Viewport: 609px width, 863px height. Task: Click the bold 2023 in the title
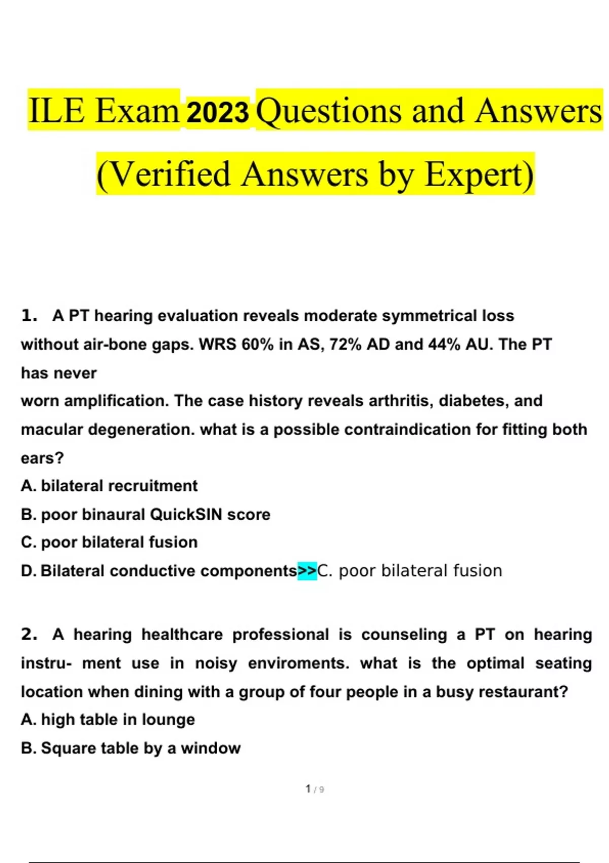click(218, 112)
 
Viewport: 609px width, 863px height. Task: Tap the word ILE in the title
click(56, 111)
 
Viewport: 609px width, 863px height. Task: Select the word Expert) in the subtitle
click(479, 175)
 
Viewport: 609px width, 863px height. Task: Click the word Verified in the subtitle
click(164, 175)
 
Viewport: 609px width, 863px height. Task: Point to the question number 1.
click(29, 316)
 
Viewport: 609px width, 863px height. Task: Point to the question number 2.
click(29, 635)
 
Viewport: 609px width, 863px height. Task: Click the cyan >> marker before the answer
click(307, 571)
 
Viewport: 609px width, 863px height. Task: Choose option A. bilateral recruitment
click(109, 486)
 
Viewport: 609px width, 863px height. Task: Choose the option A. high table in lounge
click(108, 720)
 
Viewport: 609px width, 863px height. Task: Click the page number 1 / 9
click(315, 789)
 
